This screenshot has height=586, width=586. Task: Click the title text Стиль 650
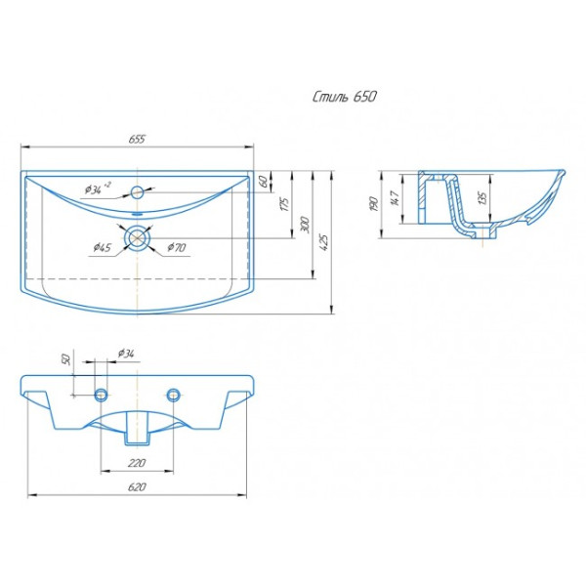[344, 97]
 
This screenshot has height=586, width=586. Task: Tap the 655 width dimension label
[137, 139]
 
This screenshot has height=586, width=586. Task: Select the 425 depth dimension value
[324, 242]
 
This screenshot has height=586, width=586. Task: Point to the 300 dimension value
[306, 225]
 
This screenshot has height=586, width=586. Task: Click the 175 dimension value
[284, 204]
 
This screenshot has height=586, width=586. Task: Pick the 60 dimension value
[263, 182]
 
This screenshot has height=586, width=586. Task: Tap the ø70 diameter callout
[176, 247]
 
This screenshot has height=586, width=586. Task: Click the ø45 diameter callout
[102, 247]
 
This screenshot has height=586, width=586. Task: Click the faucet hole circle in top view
[137, 192]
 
